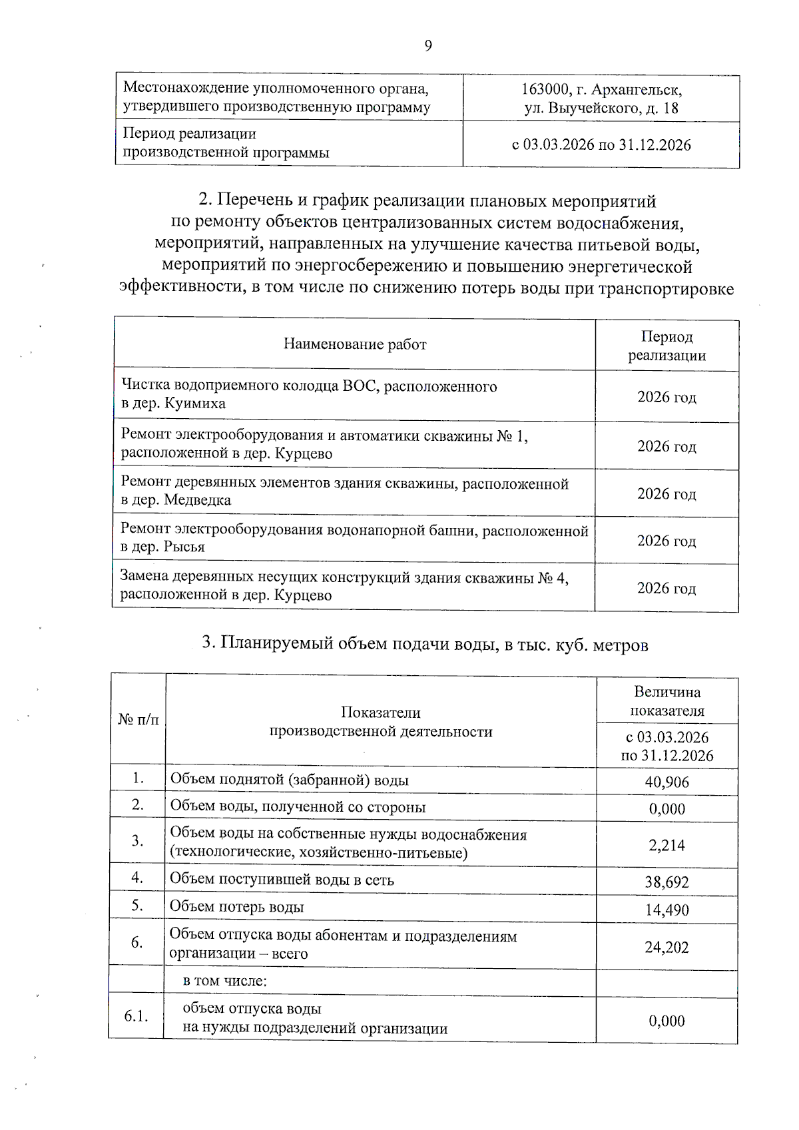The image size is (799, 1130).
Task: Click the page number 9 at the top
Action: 428,45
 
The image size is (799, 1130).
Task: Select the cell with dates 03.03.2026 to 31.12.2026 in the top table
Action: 601,144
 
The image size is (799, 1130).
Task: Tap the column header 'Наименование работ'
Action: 354,344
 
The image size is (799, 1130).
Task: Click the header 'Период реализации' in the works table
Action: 666,346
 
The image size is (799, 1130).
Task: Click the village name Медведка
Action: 197,500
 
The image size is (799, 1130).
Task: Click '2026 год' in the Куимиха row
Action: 666,397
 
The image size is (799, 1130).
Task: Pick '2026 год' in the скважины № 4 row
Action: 666,588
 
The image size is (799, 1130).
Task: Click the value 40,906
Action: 666,782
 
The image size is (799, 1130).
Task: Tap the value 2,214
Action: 666,845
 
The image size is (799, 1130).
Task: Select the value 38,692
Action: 666,882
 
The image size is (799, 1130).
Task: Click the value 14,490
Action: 666,910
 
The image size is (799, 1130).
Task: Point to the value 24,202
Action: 666,947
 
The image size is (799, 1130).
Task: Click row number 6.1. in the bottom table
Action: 136,1016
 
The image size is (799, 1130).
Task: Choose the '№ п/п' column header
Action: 138,719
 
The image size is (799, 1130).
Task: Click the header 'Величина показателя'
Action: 666,701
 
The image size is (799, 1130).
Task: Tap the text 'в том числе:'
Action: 224,981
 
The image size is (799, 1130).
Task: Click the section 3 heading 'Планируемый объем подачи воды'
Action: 425,644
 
